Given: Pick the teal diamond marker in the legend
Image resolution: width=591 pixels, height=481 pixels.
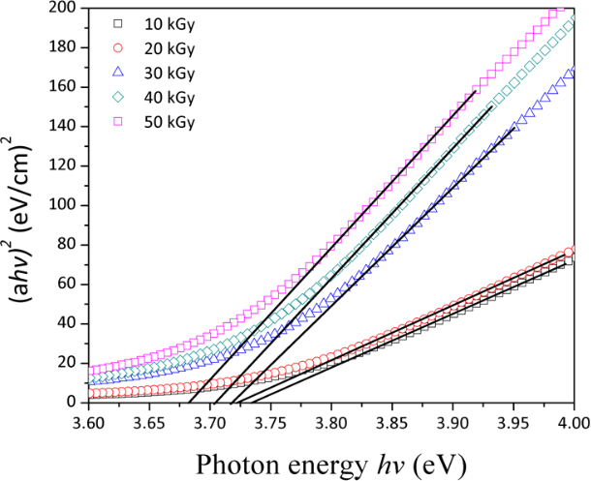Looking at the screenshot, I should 117,98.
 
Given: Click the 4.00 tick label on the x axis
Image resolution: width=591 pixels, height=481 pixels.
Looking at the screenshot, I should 572,423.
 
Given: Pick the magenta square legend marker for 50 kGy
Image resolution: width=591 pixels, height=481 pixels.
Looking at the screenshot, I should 117,123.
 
